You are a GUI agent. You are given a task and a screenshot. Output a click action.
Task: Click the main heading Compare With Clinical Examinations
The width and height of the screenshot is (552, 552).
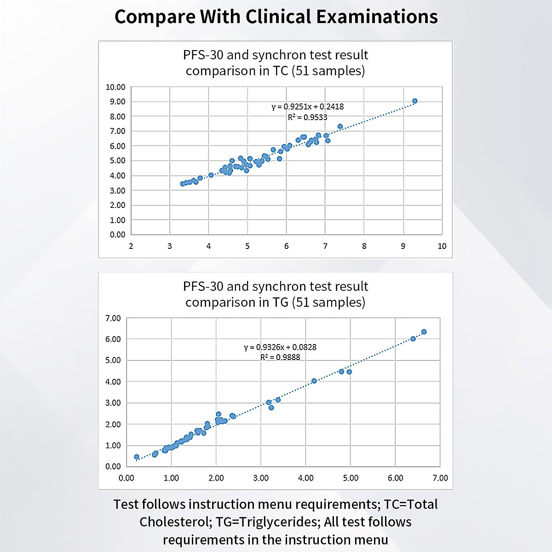tap(276, 17)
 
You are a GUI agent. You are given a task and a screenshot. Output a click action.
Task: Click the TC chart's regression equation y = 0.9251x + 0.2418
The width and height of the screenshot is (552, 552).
tap(307, 107)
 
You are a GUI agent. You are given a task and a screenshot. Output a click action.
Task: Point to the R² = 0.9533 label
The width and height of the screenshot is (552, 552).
tap(307, 117)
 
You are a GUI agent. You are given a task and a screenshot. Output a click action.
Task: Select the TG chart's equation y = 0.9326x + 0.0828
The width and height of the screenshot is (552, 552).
tap(280, 347)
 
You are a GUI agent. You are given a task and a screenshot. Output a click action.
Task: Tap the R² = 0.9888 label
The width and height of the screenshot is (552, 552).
tap(280, 357)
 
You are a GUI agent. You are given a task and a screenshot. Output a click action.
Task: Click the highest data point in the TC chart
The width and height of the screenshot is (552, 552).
tap(415, 101)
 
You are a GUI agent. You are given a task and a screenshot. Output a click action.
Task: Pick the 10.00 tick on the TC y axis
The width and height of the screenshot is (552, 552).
tap(115, 87)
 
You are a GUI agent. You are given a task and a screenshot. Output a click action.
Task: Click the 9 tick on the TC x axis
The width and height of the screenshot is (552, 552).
tap(403, 246)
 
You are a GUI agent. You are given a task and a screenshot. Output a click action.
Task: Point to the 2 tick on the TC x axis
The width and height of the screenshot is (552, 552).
tap(131, 246)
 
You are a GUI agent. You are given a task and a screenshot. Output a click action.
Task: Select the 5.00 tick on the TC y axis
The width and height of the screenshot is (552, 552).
tap(117, 161)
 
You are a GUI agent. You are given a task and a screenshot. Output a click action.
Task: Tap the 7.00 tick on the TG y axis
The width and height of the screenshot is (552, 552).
tap(113, 318)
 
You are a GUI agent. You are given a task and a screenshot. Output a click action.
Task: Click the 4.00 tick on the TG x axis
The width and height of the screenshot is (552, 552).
tap(306, 478)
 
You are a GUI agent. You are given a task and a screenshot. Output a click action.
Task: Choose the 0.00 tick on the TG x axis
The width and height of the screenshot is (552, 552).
tap(126, 478)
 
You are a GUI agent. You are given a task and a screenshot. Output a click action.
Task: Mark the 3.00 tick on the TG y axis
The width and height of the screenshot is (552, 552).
tap(113, 403)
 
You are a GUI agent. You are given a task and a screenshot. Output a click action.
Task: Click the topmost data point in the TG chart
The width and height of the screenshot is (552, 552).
tap(424, 332)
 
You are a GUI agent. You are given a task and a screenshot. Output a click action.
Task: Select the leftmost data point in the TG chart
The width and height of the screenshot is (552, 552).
tap(137, 457)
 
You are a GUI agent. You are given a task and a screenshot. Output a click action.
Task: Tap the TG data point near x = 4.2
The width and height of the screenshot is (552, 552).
tap(314, 381)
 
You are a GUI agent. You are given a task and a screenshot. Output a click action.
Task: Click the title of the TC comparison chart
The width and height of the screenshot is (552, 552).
tap(276, 63)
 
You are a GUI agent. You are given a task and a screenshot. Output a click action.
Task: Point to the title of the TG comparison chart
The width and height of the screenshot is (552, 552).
tap(276, 294)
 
